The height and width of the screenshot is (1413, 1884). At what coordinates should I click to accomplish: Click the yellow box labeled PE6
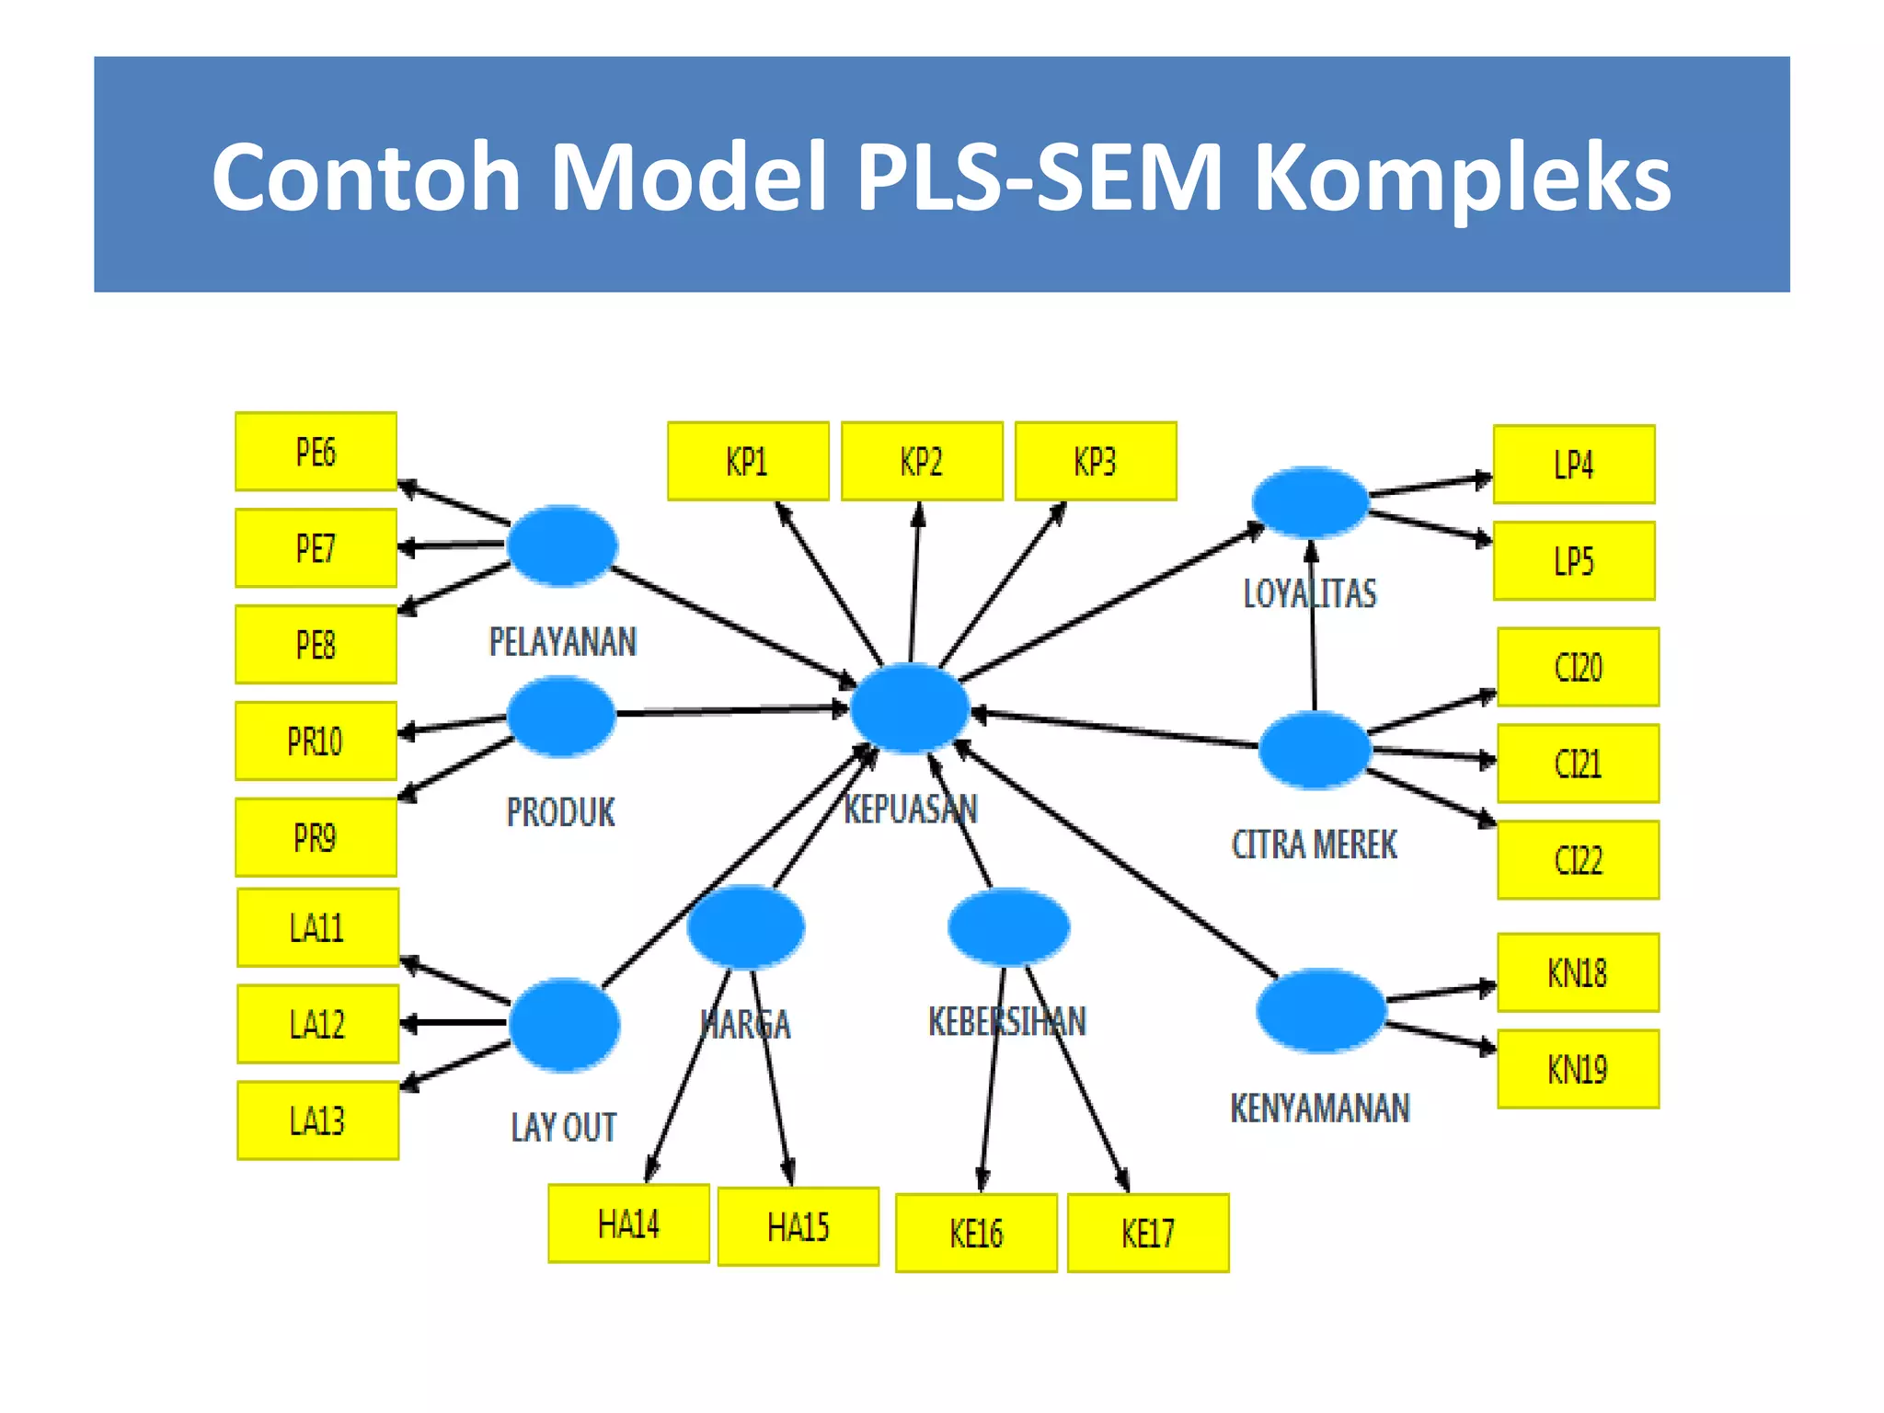316,452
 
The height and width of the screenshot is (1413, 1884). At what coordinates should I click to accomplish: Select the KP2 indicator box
922,462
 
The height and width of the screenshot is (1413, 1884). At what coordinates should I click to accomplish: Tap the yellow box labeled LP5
1574,561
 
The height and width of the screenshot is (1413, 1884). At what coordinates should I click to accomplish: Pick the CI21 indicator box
1578,764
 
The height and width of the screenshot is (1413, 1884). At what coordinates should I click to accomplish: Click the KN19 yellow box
1578,1069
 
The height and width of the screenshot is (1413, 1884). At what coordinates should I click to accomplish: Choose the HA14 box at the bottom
628,1223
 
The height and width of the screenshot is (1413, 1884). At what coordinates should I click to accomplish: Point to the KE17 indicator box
1148,1233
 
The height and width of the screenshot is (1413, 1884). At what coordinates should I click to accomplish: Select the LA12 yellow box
317,1024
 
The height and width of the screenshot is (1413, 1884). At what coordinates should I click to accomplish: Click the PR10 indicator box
316,741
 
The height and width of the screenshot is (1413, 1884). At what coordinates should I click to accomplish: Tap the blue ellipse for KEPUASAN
909,707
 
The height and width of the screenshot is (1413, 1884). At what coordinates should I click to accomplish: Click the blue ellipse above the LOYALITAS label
1310,502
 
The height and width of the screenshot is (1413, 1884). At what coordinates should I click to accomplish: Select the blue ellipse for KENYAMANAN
1320,1010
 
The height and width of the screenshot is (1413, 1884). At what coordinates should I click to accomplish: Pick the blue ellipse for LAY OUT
564,1024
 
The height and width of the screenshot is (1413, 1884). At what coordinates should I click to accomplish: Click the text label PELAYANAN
562,642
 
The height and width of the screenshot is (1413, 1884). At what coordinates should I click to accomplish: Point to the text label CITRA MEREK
1314,844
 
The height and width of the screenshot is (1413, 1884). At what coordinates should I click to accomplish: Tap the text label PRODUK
561,812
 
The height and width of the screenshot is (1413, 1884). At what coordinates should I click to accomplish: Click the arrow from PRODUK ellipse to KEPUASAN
731,711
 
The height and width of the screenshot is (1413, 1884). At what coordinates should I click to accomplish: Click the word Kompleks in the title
1463,177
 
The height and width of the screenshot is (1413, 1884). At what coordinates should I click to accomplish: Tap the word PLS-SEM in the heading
1040,177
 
